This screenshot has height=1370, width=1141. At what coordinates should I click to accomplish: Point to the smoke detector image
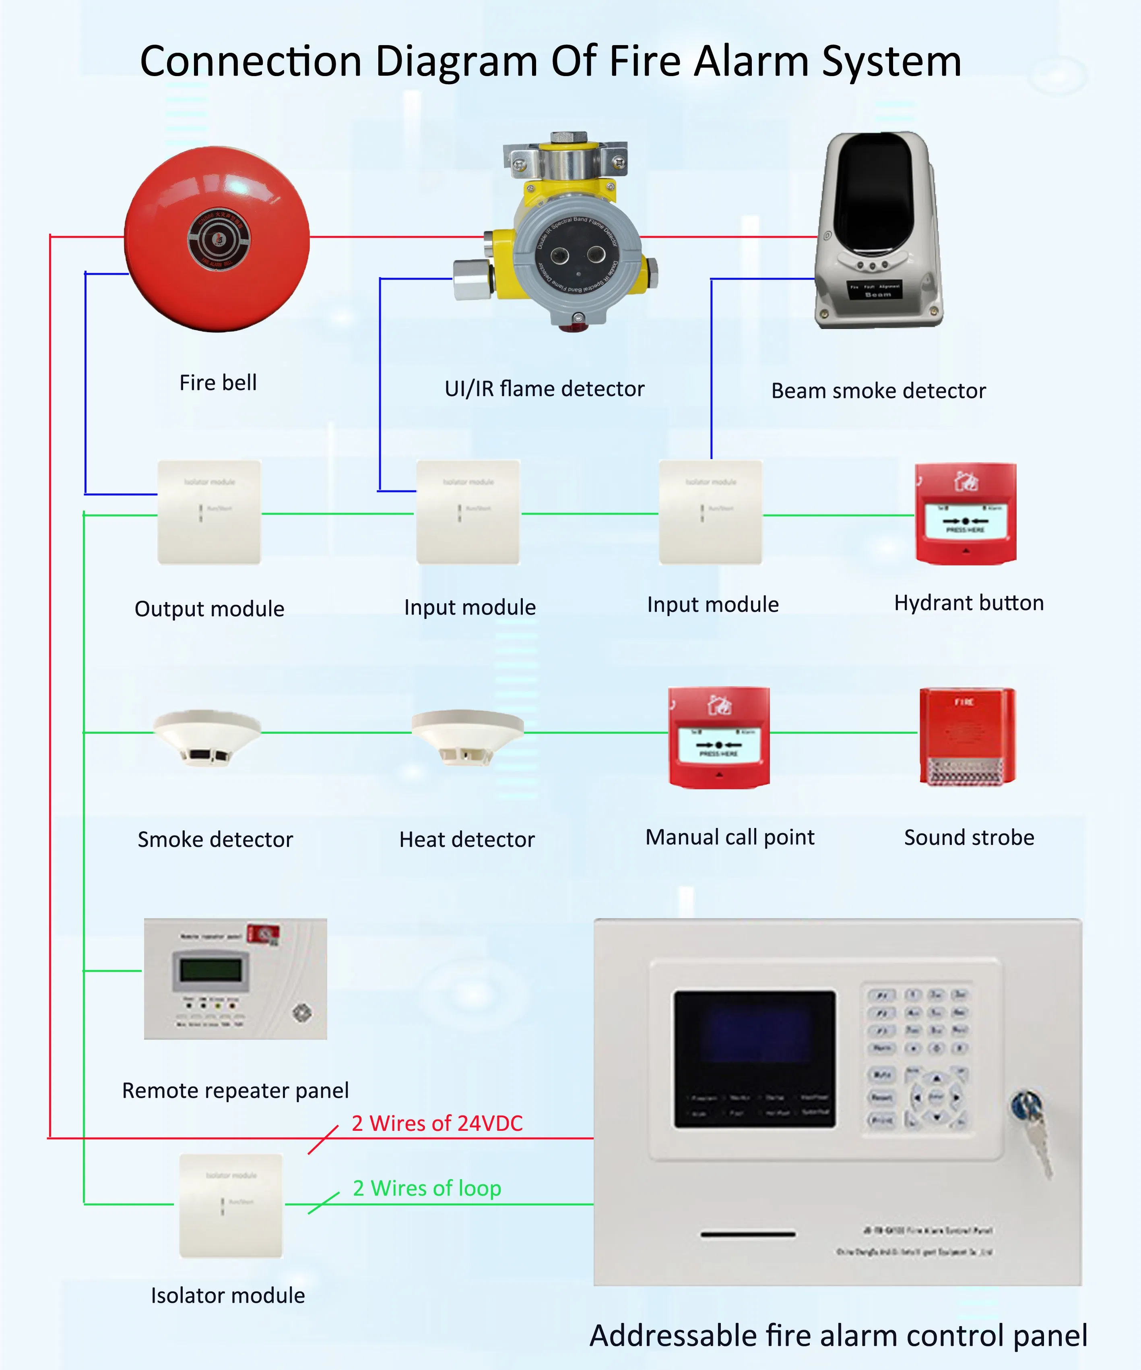(207, 737)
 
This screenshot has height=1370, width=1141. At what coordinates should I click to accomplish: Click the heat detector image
(468, 737)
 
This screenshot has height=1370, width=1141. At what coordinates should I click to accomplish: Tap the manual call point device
(719, 737)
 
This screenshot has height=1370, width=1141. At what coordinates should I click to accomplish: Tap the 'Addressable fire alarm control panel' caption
(838, 1335)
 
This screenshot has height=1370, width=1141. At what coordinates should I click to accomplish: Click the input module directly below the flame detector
(468, 512)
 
